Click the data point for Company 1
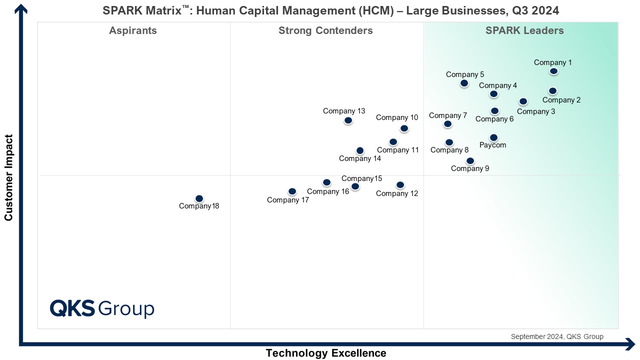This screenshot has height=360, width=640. [x=553, y=71]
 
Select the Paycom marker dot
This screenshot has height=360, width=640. [x=493, y=137]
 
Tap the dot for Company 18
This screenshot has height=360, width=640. [x=199, y=198]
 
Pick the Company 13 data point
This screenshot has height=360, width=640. [x=348, y=120]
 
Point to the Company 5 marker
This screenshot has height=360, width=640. [x=464, y=83]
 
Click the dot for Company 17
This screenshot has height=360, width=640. [x=292, y=191]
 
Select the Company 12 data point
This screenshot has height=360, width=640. [x=400, y=185]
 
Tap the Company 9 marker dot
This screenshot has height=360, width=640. [x=470, y=161]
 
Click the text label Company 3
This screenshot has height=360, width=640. [x=536, y=111]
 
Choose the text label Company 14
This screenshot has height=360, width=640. [x=360, y=158]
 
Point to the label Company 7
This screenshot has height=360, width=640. [x=448, y=115]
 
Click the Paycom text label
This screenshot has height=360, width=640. [x=493, y=145]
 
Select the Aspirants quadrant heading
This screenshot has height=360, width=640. [x=133, y=31]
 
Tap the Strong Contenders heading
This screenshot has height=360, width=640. [x=325, y=31]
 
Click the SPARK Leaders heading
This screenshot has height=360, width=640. [x=524, y=31]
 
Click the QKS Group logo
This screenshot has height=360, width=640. [x=102, y=308]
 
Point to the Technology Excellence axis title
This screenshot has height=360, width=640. [x=326, y=353]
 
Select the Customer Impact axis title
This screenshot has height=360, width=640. [x=8, y=177]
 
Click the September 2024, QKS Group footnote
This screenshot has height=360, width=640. [x=557, y=336]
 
